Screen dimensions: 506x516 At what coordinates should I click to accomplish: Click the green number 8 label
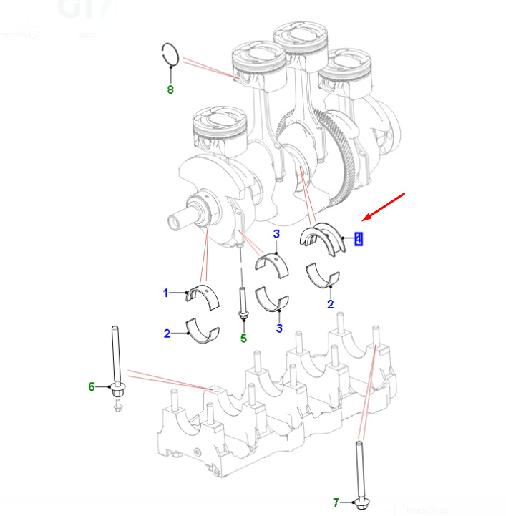tap(170, 90)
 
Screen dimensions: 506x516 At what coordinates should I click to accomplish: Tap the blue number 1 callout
tap(165, 293)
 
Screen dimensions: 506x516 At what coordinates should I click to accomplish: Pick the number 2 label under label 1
tap(166, 334)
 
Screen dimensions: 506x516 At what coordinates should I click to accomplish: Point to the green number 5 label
tap(243, 339)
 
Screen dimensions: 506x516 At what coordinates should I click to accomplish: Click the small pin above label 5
tap(243, 304)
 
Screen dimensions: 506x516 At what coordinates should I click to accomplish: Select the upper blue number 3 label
tap(276, 234)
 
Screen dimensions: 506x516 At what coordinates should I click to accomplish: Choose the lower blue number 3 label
tap(279, 328)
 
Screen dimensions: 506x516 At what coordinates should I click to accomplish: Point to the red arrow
tap(384, 206)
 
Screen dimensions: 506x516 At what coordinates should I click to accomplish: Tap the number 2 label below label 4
tap(330, 304)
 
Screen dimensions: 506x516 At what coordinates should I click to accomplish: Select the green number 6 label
tap(92, 386)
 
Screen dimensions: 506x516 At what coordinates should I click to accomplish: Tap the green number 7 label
tap(336, 502)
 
